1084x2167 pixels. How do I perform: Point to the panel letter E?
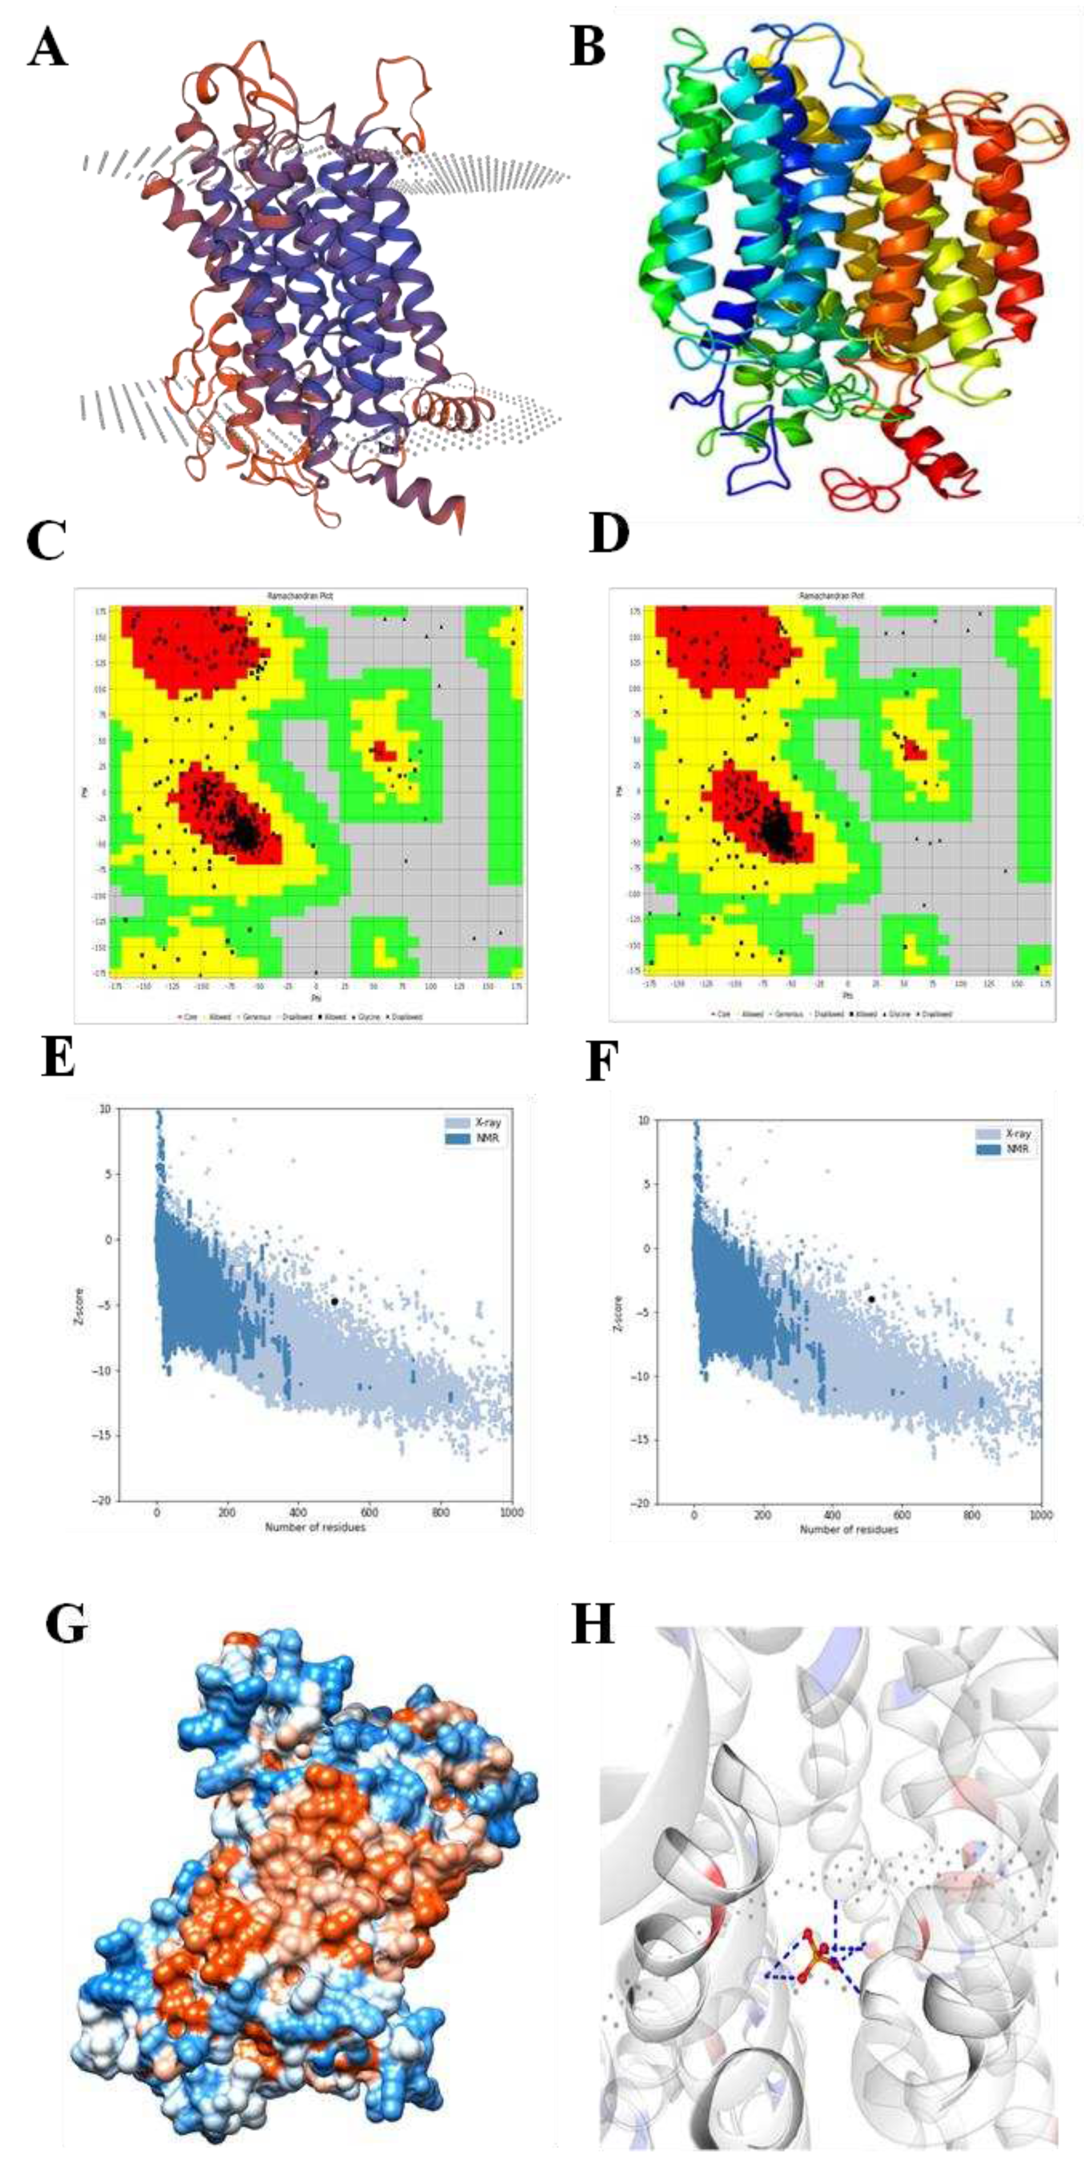58,1058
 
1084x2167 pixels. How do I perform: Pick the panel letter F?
602,1062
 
